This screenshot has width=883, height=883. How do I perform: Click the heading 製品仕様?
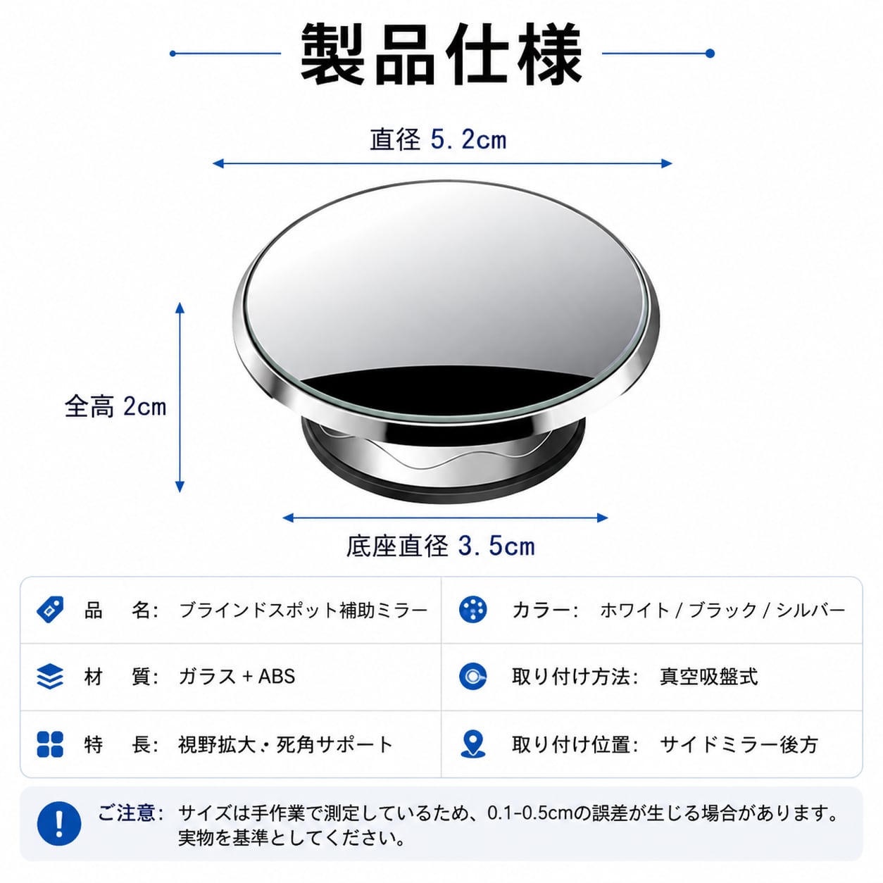[x=441, y=54]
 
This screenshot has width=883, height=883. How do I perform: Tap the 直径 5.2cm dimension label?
[x=438, y=139]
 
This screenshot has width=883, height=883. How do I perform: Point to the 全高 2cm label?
[x=115, y=406]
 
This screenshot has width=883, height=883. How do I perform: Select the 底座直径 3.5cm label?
[x=440, y=546]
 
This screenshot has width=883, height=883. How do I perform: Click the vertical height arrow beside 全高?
[x=180, y=397]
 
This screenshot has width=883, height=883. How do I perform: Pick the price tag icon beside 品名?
[x=50, y=610]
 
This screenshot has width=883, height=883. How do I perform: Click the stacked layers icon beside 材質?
[x=50, y=677]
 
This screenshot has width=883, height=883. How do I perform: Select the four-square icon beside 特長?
[x=50, y=744]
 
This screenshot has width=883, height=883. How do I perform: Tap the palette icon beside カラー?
[x=473, y=610]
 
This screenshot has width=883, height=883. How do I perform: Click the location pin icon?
[x=473, y=744]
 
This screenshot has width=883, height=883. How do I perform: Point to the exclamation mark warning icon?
[x=59, y=823]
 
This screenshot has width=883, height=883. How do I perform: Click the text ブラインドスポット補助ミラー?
[x=303, y=610]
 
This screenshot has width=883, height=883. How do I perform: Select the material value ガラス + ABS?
[x=237, y=677]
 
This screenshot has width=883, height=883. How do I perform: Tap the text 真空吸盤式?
[x=708, y=677]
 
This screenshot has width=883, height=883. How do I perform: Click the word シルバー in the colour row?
[x=811, y=610]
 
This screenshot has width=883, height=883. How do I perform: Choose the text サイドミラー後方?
[x=739, y=744]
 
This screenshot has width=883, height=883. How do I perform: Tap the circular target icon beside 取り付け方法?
[x=473, y=677]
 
